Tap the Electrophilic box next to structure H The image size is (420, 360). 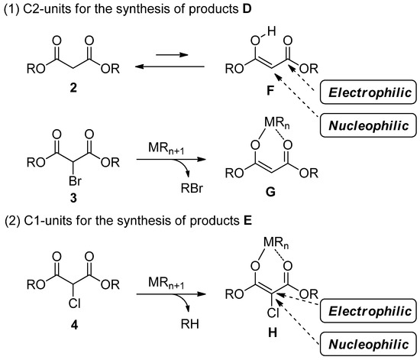coord(370,311)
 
